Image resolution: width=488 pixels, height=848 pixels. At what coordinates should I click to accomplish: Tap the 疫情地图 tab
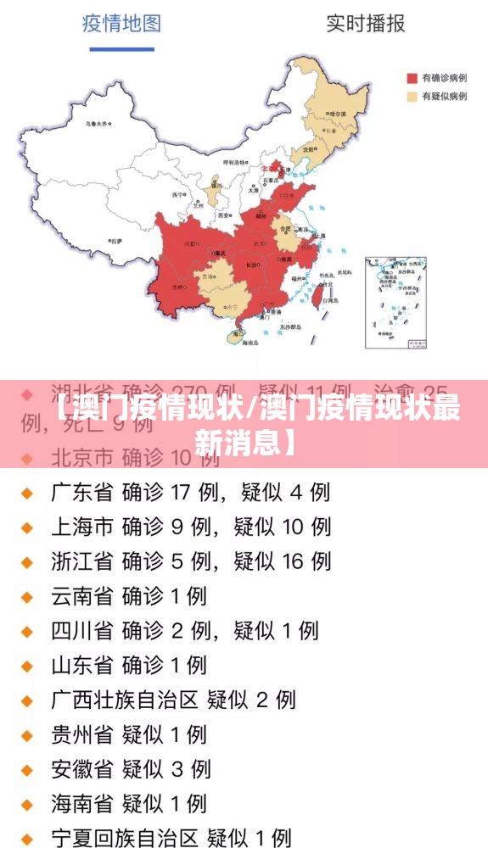point(121,23)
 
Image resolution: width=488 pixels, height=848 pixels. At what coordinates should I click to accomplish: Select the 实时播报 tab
point(366,23)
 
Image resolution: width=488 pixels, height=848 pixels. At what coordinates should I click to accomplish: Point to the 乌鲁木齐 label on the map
point(97,124)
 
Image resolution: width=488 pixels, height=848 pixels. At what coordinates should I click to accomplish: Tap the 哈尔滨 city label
point(337,114)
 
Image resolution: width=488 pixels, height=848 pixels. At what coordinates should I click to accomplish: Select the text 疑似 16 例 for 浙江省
point(283,561)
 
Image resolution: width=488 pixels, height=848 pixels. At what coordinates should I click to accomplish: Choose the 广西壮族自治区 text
point(124,700)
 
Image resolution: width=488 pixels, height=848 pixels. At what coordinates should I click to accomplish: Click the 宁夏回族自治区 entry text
point(124,838)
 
